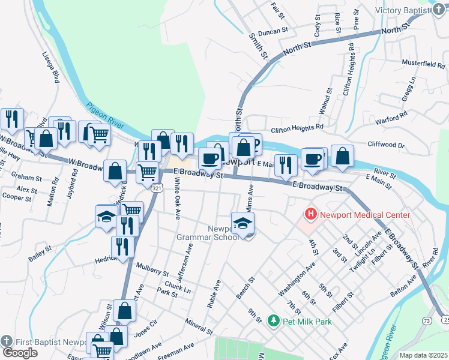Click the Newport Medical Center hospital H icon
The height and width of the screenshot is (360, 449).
(x=311, y=214)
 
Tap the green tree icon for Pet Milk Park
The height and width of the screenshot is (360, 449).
(x=274, y=322)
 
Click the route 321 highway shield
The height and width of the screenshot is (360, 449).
(x=156, y=188)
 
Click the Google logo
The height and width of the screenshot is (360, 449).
(x=20, y=353)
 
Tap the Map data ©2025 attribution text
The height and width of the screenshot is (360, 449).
(x=423, y=355)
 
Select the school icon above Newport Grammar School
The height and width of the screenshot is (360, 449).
(x=243, y=223)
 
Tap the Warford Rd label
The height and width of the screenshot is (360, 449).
(x=391, y=118)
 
